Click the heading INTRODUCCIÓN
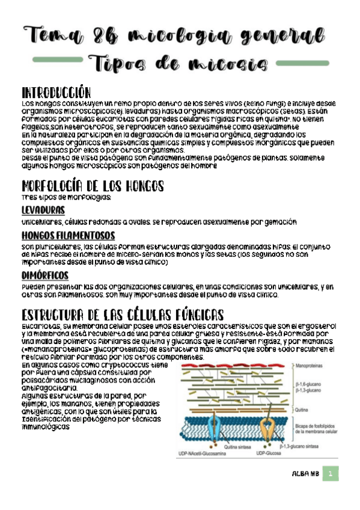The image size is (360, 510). (56, 93)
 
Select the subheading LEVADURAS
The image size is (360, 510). (43, 211)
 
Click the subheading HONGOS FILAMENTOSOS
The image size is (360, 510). (68, 235)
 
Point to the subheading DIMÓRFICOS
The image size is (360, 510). (43, 275)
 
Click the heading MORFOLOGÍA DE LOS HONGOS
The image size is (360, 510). (92, 186)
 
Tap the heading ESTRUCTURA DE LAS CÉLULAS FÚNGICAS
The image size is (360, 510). (123, 315)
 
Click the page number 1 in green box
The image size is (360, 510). (330, 475)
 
